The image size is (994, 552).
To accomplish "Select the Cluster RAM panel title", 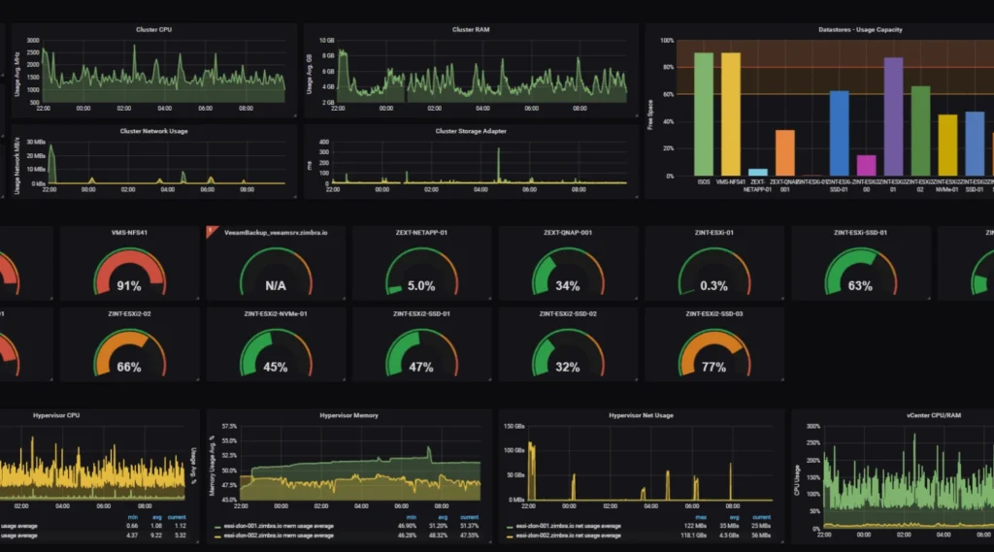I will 470,30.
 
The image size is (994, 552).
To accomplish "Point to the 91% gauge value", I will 129,286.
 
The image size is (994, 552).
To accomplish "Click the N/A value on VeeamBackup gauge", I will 275,286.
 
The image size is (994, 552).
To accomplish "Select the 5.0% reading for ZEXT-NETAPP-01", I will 421,286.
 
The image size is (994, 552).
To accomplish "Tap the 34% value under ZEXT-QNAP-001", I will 568,286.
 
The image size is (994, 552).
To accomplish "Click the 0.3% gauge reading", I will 713,286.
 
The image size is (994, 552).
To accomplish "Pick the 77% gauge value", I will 713,368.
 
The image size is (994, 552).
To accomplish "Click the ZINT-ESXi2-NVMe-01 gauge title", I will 276,314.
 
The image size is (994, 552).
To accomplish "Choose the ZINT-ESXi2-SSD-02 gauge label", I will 568,314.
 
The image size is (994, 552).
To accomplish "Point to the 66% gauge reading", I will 129,368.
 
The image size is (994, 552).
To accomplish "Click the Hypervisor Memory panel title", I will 348,415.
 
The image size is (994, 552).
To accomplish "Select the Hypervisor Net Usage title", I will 641,415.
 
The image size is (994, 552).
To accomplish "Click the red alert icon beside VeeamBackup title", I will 211,232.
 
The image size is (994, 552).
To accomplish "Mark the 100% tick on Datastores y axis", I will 667,41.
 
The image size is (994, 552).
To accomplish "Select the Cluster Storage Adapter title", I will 470,131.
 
